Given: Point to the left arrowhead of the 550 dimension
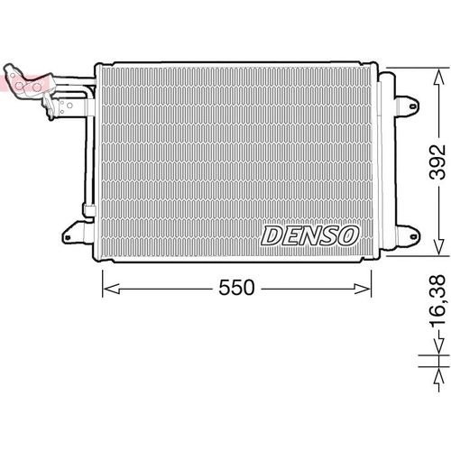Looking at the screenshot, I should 105,263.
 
